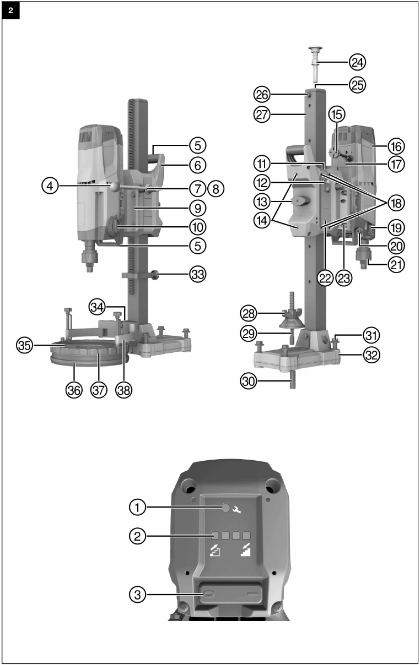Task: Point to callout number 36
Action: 74,390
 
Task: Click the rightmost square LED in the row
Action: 246,535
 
